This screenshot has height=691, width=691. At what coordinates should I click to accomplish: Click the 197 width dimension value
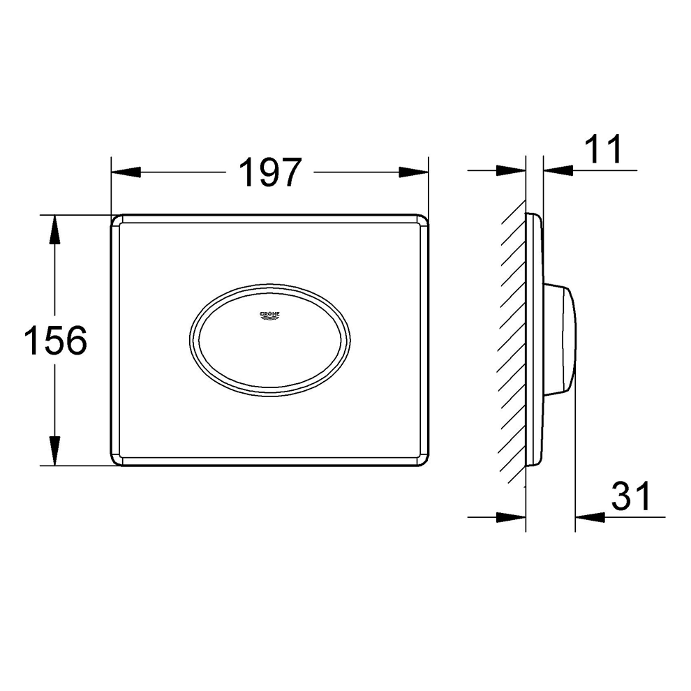coord(270,172)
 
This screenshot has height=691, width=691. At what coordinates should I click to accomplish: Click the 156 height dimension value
coord(55,341)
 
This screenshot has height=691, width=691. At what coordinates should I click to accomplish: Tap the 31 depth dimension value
coord(630,497)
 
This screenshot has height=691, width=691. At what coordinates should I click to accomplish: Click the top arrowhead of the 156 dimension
coord(54,230)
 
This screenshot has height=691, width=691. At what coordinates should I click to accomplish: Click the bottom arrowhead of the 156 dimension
coord(54,451)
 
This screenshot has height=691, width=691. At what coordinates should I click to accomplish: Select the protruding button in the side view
coord(560,339)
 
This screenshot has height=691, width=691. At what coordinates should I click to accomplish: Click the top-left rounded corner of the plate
coord(117,221)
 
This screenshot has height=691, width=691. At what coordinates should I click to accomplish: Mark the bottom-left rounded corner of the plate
coord(117,460)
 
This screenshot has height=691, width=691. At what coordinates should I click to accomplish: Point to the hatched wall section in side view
coord(513,342)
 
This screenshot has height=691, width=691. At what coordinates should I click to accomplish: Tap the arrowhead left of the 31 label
coord(590,517)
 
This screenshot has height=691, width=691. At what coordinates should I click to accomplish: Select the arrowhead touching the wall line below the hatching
coord(511,517)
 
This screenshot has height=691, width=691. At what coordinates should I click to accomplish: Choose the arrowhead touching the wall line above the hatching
coord(511,170)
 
